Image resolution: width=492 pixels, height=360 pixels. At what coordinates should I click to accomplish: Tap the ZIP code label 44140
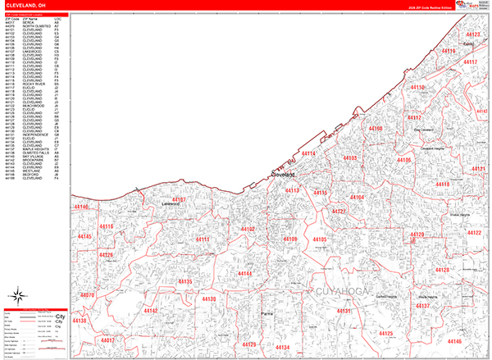(x=82, y=207)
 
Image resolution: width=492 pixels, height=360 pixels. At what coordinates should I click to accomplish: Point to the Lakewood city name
(x=170, y=205)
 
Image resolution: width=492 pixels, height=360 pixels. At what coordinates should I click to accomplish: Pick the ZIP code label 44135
(x=184, y=281)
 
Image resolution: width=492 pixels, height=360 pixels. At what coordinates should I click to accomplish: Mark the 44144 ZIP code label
(x=244, y=272)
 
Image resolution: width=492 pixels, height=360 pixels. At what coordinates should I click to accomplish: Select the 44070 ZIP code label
(x=88, y=294)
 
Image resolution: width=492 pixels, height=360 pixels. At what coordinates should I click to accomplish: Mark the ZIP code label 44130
(x=207, y=299)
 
